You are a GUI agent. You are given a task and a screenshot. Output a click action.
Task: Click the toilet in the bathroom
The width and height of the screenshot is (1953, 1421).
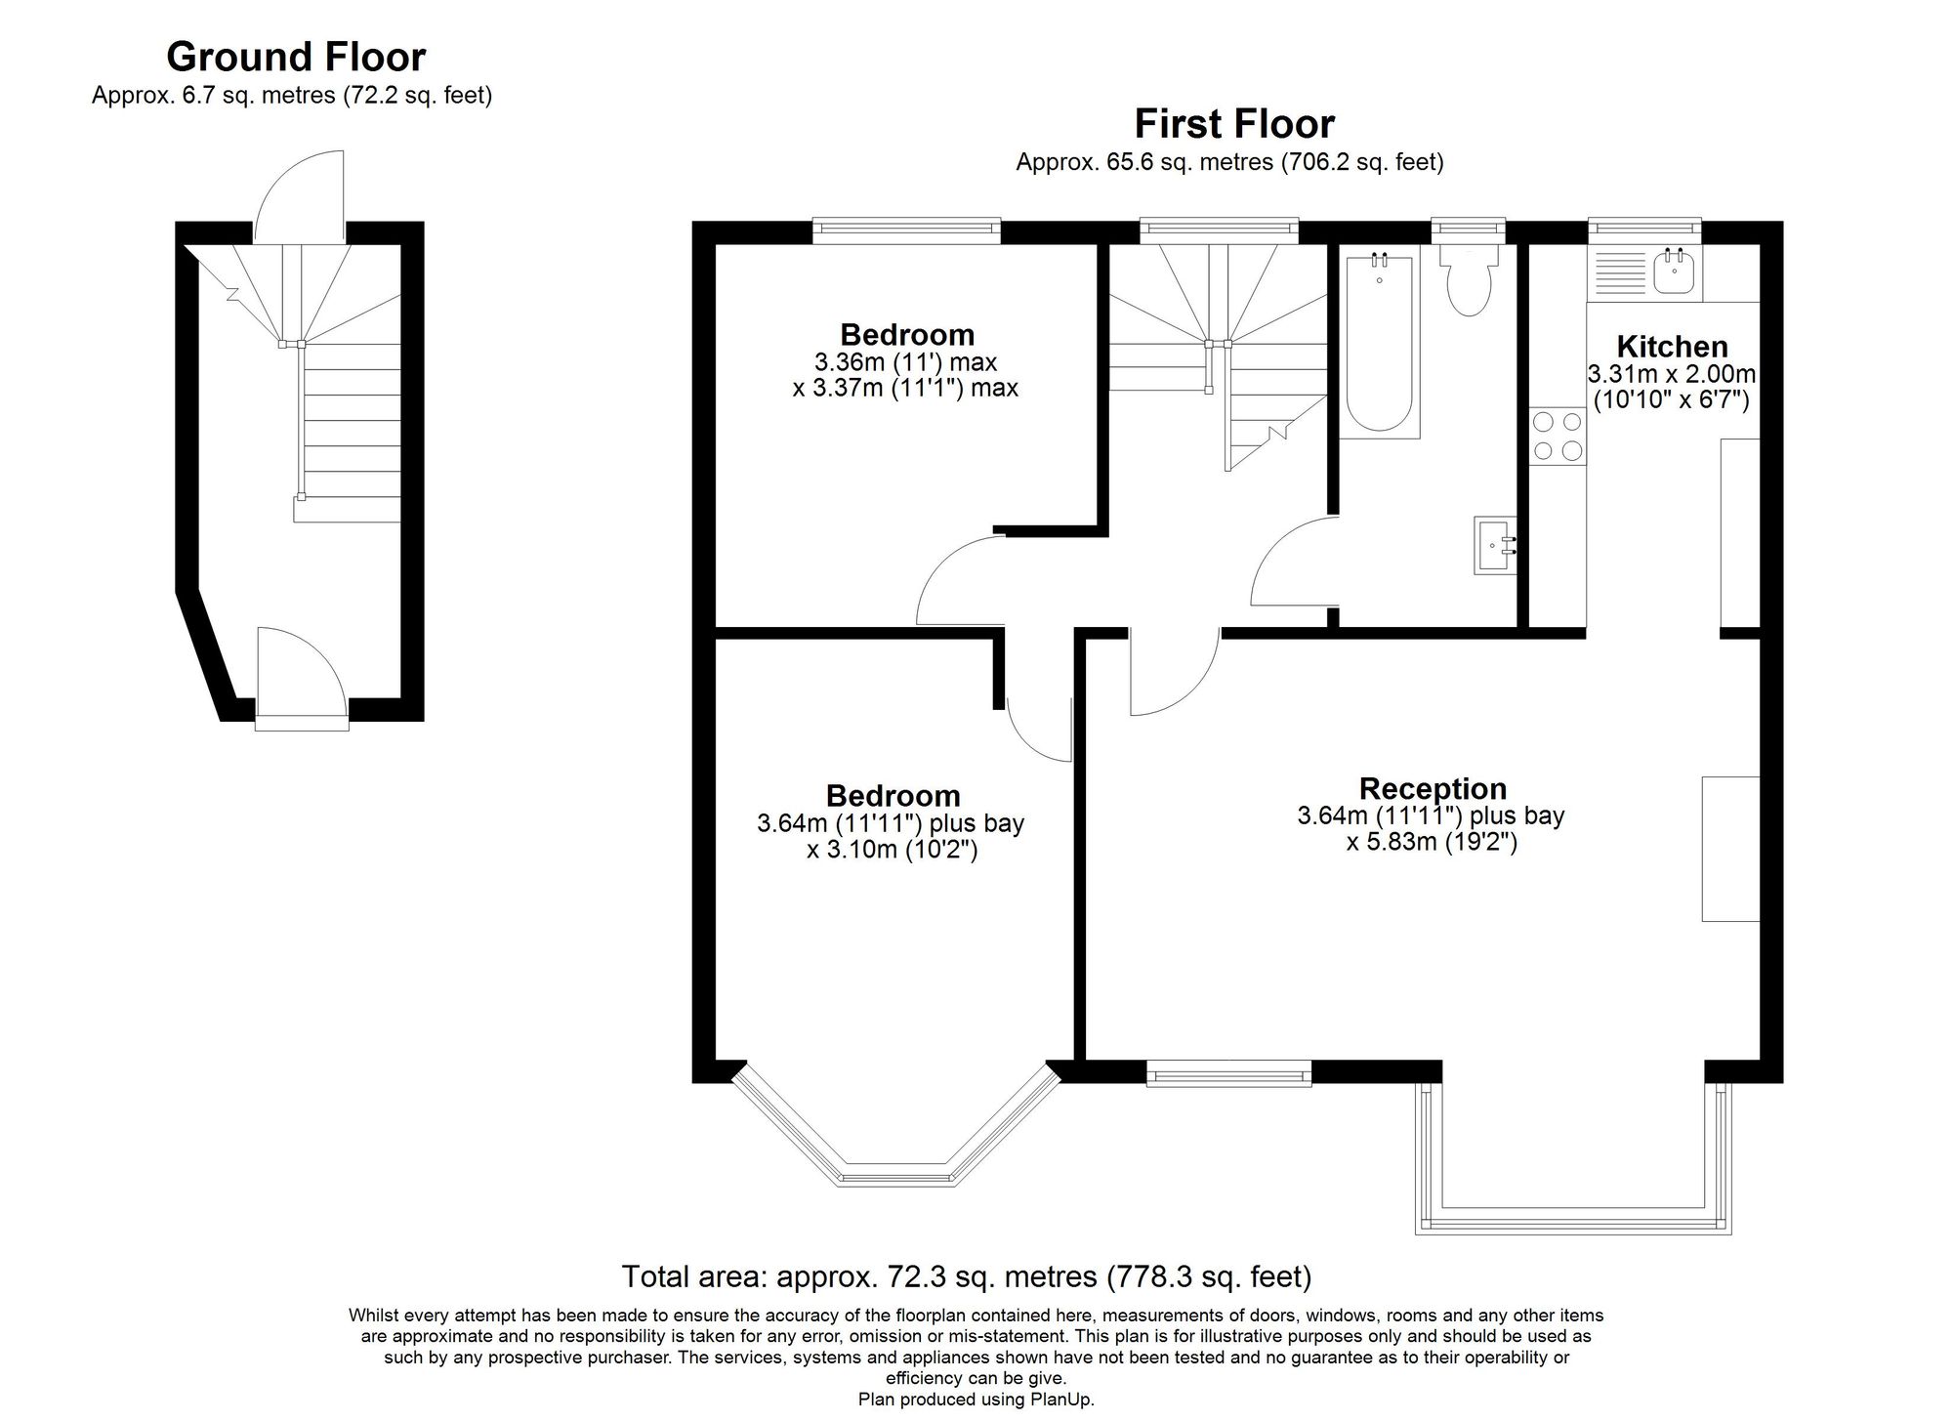point(1469,279)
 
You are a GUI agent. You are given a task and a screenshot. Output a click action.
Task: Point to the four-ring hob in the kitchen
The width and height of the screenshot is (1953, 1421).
point(1558,436)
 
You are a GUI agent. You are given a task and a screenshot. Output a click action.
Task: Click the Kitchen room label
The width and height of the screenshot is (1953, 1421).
point(1672,347)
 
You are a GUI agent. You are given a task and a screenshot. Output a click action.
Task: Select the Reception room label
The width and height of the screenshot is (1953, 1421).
point(1433,788)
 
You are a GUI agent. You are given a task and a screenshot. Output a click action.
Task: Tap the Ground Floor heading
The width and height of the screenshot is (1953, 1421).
point(296,57)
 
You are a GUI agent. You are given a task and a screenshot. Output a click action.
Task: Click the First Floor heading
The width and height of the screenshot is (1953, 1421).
point(1234,124)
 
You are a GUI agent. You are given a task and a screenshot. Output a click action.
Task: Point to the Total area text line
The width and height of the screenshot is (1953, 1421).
point(967,1276)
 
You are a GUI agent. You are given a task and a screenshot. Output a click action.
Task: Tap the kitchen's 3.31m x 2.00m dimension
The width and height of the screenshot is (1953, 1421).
point(1672,374)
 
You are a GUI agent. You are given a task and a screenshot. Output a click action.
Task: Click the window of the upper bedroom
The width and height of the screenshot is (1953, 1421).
point(907,230)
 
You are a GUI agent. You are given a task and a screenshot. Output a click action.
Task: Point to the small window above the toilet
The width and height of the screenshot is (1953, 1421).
point(1468,230)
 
